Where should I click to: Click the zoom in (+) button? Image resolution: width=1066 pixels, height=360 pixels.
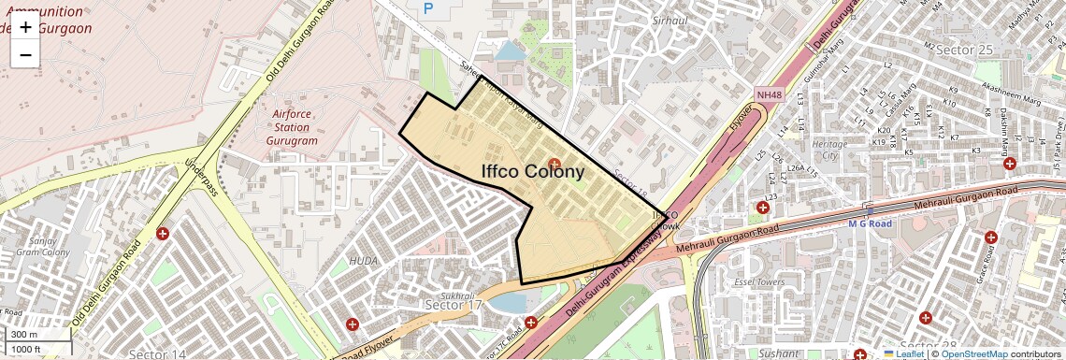25,27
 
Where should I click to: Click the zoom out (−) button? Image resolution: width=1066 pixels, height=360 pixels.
25,54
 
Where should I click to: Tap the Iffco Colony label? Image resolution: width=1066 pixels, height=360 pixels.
532,171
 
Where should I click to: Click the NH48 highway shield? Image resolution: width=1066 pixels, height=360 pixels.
769,94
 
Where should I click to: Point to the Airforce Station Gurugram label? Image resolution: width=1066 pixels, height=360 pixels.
291,127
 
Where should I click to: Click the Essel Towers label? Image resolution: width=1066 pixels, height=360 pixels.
758,281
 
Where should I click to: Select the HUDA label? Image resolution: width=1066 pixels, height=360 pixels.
364,260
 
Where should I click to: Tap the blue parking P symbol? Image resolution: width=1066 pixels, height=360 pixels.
429,8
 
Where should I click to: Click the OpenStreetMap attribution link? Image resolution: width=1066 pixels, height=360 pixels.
973,353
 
